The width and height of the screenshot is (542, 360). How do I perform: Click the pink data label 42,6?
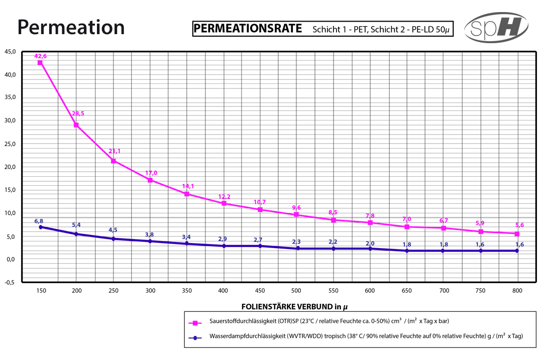coord(40,56)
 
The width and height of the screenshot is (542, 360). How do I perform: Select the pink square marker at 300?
coord(150,180)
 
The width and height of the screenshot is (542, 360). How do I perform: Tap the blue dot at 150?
coord(40,227)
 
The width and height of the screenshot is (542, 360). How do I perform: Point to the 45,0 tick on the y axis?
coord(11,52)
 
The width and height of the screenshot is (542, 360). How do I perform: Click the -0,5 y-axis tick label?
coord(11,282)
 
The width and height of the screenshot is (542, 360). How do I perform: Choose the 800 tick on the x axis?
coord(517,291)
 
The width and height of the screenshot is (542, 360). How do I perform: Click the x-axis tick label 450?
coord(260,291)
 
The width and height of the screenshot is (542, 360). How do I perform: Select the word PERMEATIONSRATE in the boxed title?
coord(248,28)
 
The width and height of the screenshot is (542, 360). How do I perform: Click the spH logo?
coord(496,28)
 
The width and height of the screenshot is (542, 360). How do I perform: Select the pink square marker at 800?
coord(516,233)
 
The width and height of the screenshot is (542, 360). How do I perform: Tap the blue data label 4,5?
coord(113,230)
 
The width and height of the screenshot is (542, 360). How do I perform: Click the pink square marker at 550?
coord(333,220)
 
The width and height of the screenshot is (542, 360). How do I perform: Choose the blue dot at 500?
coord(296,248)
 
